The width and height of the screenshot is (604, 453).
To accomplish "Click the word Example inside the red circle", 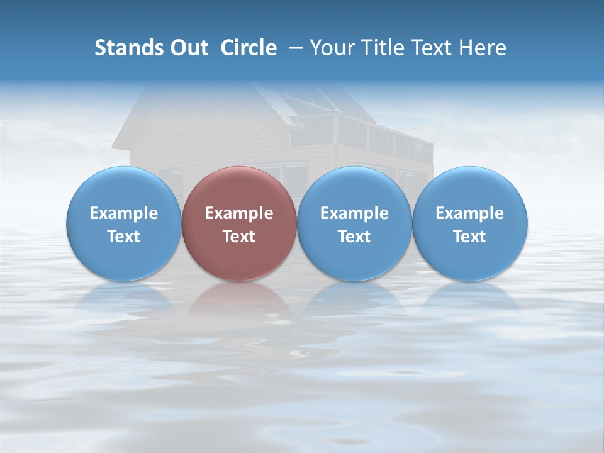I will tap(239, 213).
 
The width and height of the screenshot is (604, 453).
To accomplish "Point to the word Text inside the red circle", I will tap(239, 237).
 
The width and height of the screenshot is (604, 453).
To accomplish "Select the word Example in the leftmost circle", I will tap(123, 213).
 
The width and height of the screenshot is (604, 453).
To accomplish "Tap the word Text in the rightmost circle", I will tap(470, 237).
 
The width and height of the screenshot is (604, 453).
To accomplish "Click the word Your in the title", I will tap(330, 48).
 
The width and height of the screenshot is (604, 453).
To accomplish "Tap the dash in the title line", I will tap(297, 48).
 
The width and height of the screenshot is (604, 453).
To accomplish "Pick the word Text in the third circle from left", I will tap(354, 237).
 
